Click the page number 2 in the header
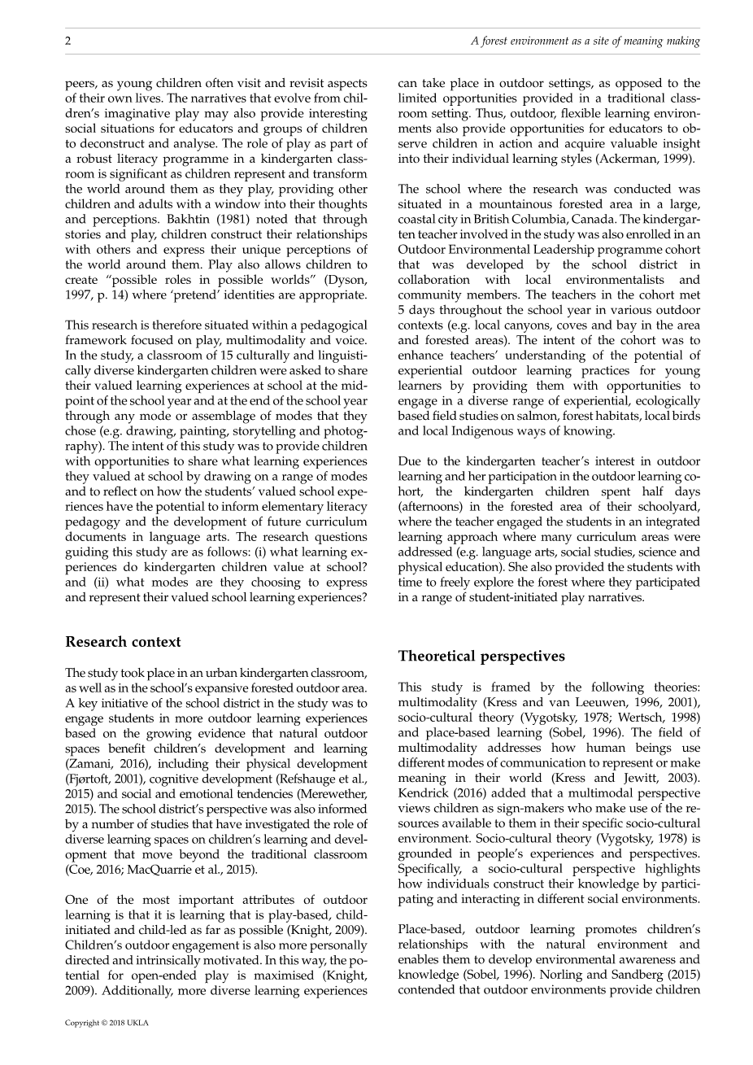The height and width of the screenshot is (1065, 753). [x=68, y=41]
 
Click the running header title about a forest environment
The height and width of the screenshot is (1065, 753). [x=585, y=41]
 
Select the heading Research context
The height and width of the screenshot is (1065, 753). [x=123, y=642]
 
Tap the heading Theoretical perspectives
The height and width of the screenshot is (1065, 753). [x=481, y=657]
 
